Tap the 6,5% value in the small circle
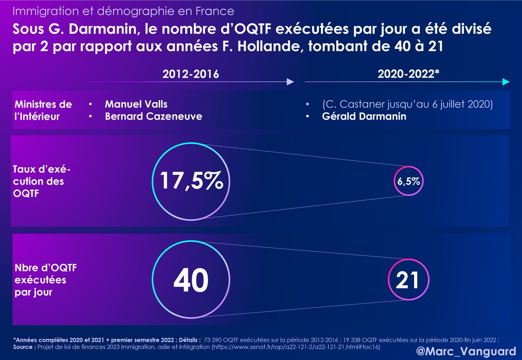pos(408,182)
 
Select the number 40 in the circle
pos(191,280)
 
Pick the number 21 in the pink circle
pos(407,280)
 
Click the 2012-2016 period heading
pos(188,74)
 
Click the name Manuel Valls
pos(136,104)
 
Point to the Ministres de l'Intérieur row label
pos(43,110)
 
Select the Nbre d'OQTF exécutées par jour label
pos(40,280)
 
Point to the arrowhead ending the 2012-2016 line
pos(290,82)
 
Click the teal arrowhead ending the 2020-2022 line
pos(505,82)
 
